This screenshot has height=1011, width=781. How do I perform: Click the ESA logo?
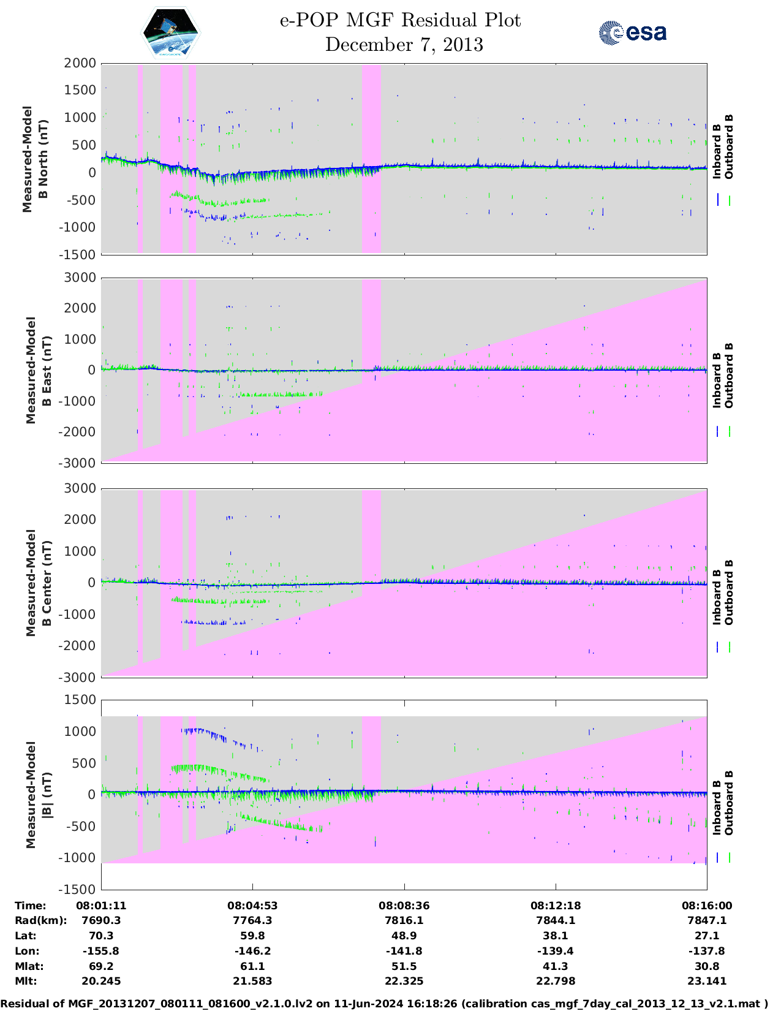[x=632, y=32]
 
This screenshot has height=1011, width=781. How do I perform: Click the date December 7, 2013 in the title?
[x=404, y=45]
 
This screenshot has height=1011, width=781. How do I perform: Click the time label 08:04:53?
[x=252, y=906]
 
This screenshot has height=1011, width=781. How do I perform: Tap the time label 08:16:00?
[x=706, y=906]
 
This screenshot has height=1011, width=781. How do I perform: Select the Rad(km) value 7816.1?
[x=404, y=920]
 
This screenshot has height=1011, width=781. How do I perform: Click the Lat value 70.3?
[x=101, y=936]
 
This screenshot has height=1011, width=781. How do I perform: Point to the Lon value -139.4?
[x=555, y=951]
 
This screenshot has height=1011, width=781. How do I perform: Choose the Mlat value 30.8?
[x=706, y=966]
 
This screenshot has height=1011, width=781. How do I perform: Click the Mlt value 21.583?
[x=252, y=981]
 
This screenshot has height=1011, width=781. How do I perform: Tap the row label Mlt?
[x=26, y=981]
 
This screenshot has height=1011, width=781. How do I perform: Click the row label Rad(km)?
[x=40, y=920]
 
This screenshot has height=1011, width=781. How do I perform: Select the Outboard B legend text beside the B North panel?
[x=729, y=147]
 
